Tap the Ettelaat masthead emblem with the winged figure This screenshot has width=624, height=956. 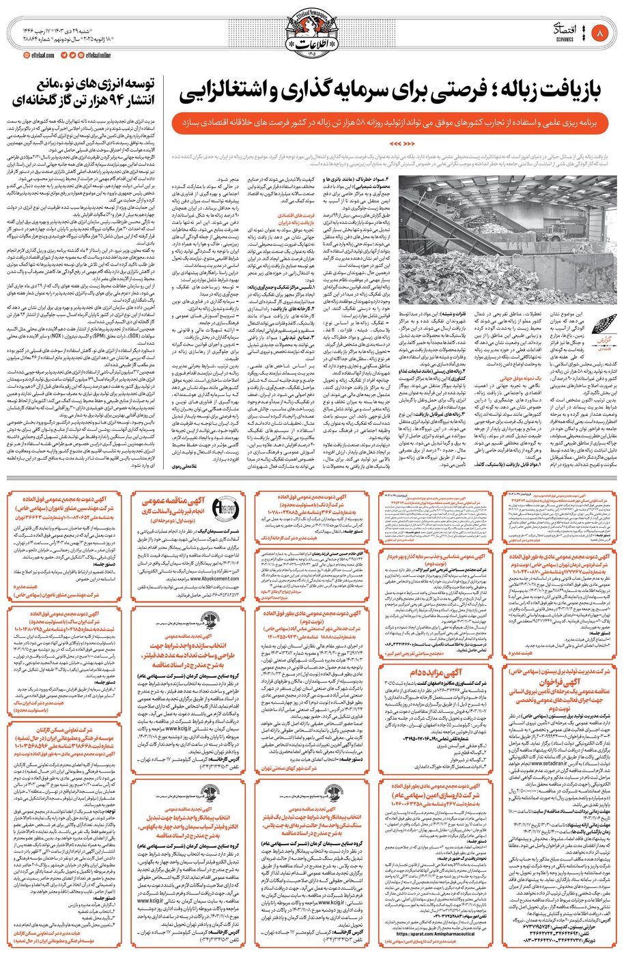311,27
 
